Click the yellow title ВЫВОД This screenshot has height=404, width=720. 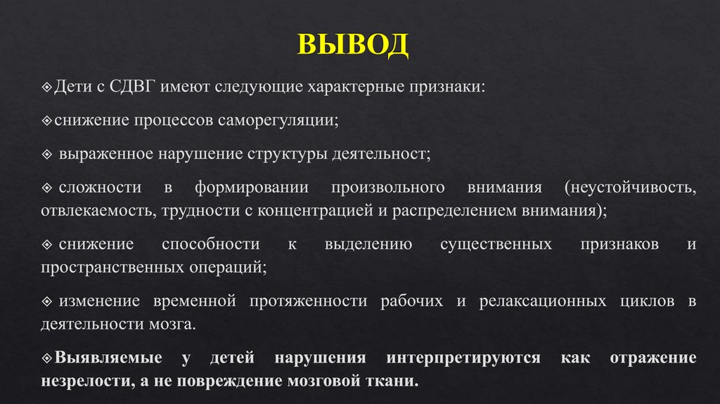354,46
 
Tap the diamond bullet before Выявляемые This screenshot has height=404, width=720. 46,358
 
